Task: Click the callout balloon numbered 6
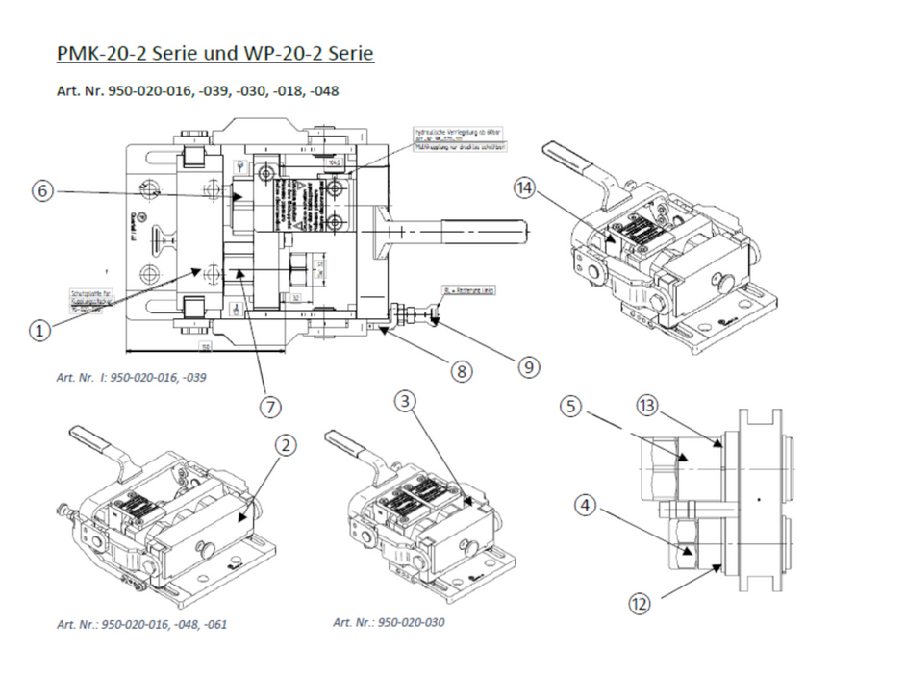(x=40, y=190)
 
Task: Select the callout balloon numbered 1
(x=39, y=330)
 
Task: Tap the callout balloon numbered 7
(x=271, y=407)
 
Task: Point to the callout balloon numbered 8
(x=464, y=370)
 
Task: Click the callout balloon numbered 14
(x=524, y=189)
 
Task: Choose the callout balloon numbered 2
(x=284, y=444)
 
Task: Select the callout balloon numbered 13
(x=647, y=407)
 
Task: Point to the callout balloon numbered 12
(x=642, y=604)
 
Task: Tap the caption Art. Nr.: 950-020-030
(x=389, y=622)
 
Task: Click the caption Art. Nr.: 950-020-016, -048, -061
(x=142, y=624)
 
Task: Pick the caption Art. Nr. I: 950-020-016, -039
(x=131, y=377)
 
